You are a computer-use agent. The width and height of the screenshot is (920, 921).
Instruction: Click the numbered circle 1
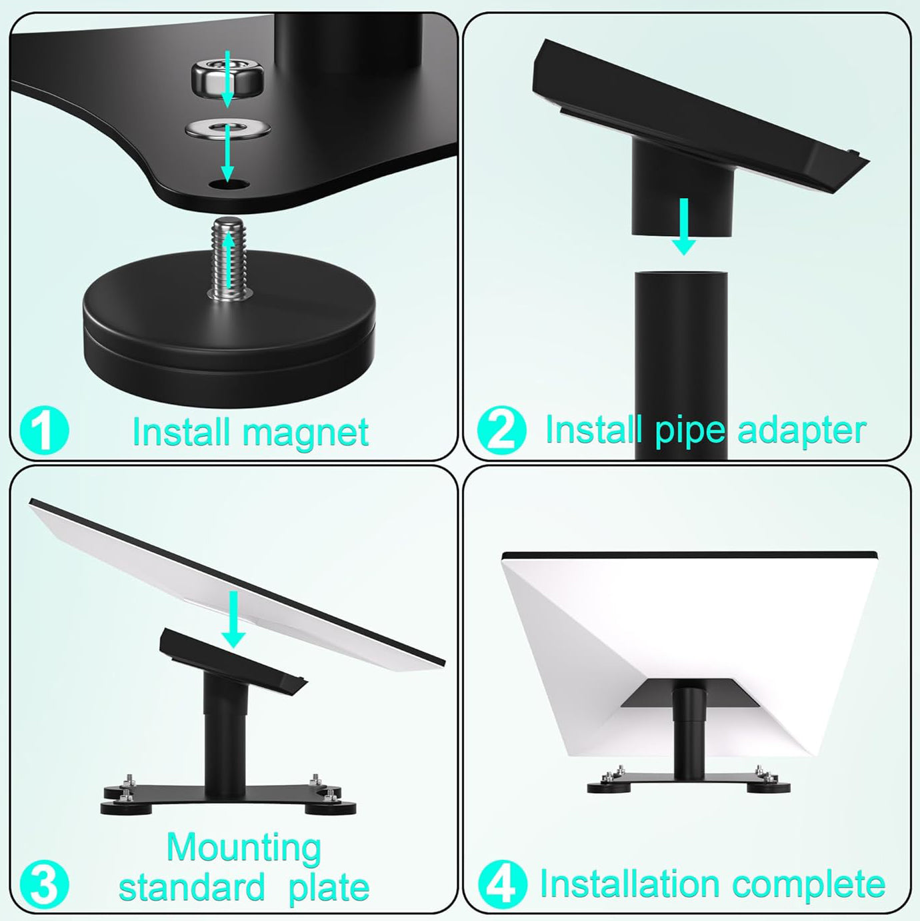(45, 431)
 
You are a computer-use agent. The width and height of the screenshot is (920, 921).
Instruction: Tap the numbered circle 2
(502, 430)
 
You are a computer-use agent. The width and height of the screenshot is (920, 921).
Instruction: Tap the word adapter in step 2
(801, 431)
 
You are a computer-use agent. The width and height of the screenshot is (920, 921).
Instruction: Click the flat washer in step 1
(228, 129)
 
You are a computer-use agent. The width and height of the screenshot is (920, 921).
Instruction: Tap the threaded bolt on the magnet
(229, 259)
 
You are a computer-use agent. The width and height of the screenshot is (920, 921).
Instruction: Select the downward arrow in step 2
(684, 227)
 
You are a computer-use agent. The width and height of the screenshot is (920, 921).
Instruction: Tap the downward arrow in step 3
(233, 620)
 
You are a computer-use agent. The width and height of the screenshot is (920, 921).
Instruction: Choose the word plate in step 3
(329, 888)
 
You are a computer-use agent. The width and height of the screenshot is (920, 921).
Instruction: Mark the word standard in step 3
(191, 887)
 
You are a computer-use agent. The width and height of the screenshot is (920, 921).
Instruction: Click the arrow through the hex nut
(227, 79)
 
